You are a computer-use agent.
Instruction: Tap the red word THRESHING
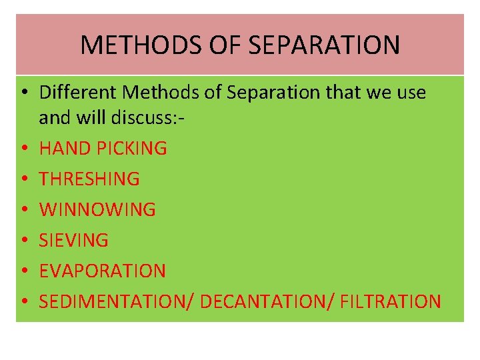tap(89, 179)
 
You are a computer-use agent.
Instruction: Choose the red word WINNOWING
tap(97, 209)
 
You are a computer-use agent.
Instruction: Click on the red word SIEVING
tap(74, 240)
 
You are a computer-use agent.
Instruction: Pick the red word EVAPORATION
tap(103, 271)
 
